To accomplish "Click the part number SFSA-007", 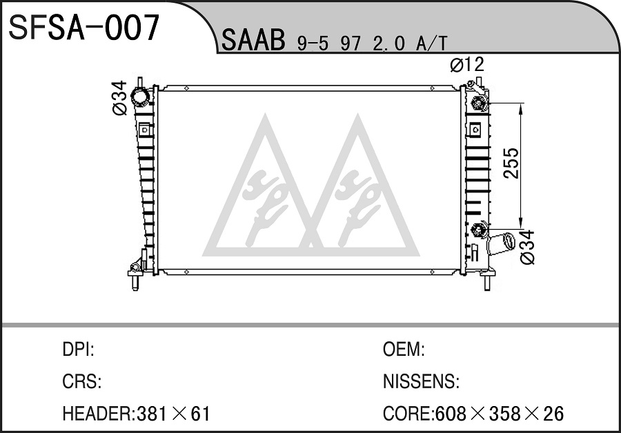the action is tap(84, 28).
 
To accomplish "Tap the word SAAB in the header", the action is tap(253, 40).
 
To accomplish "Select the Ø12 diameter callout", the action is tap(467, 65).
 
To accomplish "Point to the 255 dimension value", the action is tap(511, 163).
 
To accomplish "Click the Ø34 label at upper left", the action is tap(120, 98).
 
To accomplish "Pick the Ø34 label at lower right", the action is tap(528, 248).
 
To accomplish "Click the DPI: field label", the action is tap(78, 350).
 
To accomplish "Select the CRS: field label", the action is tap(82, 381).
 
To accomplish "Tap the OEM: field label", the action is tap(404, 350).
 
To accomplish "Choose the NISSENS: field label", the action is tap(421, 381).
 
